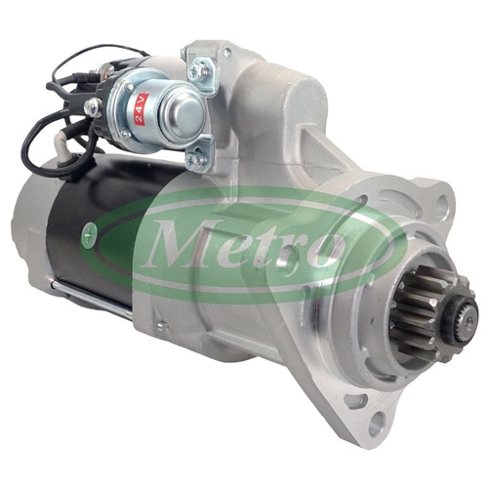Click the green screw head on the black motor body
point(89,233)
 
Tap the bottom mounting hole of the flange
point(375,424)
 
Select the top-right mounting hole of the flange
point(442,203)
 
